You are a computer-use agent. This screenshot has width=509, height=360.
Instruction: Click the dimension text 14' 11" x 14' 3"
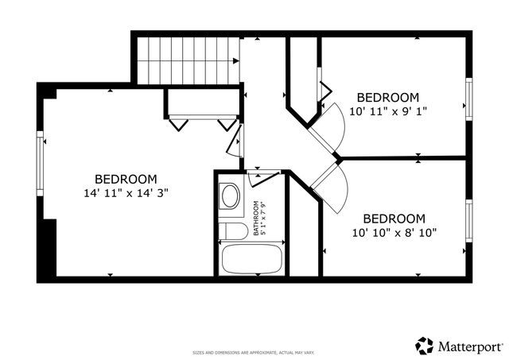point(126,192)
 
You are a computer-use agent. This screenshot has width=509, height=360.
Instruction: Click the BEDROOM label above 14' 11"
point(126,179)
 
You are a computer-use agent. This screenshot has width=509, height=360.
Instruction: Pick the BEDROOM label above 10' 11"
point(387,97)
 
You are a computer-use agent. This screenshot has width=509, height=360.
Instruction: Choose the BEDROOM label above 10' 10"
point(394,218)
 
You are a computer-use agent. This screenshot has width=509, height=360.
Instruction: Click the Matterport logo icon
point(425,346)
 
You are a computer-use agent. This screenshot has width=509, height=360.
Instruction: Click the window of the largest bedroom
point(39,164)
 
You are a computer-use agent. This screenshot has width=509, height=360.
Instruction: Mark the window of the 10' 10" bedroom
point(469,222)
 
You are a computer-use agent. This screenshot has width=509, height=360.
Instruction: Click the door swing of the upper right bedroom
point(331,124)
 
